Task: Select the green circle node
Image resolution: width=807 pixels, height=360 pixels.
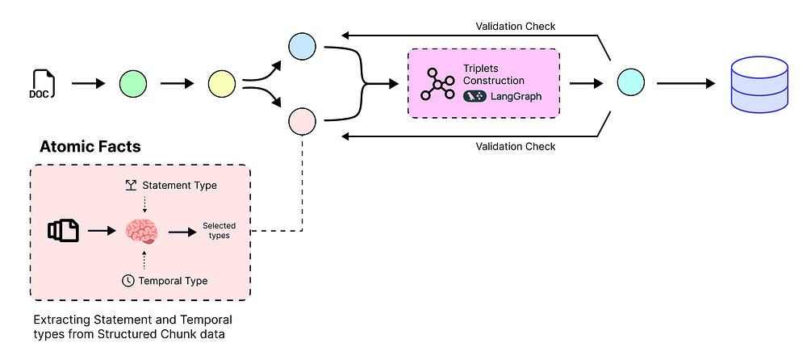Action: click(x=132, y=82)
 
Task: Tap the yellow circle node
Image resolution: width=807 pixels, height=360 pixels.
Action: click(x=221, y=82)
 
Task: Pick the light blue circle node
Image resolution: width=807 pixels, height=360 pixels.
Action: click(x=302, y=46)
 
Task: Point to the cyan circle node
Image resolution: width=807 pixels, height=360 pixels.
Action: click(x=629, y=82)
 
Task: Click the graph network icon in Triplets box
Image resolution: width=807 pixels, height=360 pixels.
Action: click(x=437, y=83)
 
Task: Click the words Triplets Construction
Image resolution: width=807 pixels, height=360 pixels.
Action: click(x=493, y=74)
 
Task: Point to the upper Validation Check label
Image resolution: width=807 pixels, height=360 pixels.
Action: click(x=514, y=27)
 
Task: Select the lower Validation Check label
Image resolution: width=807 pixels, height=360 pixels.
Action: click(x=514, y=146)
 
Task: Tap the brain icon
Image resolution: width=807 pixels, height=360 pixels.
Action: click(x=144, y=232)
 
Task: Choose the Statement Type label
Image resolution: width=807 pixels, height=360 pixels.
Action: click(x=179, y=186)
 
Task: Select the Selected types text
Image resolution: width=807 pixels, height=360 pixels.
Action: click(x=216, y=231)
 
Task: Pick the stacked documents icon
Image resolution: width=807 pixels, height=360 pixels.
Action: click(x=63, y=231)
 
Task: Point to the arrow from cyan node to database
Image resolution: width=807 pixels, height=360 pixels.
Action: click(x=686, y=82)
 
